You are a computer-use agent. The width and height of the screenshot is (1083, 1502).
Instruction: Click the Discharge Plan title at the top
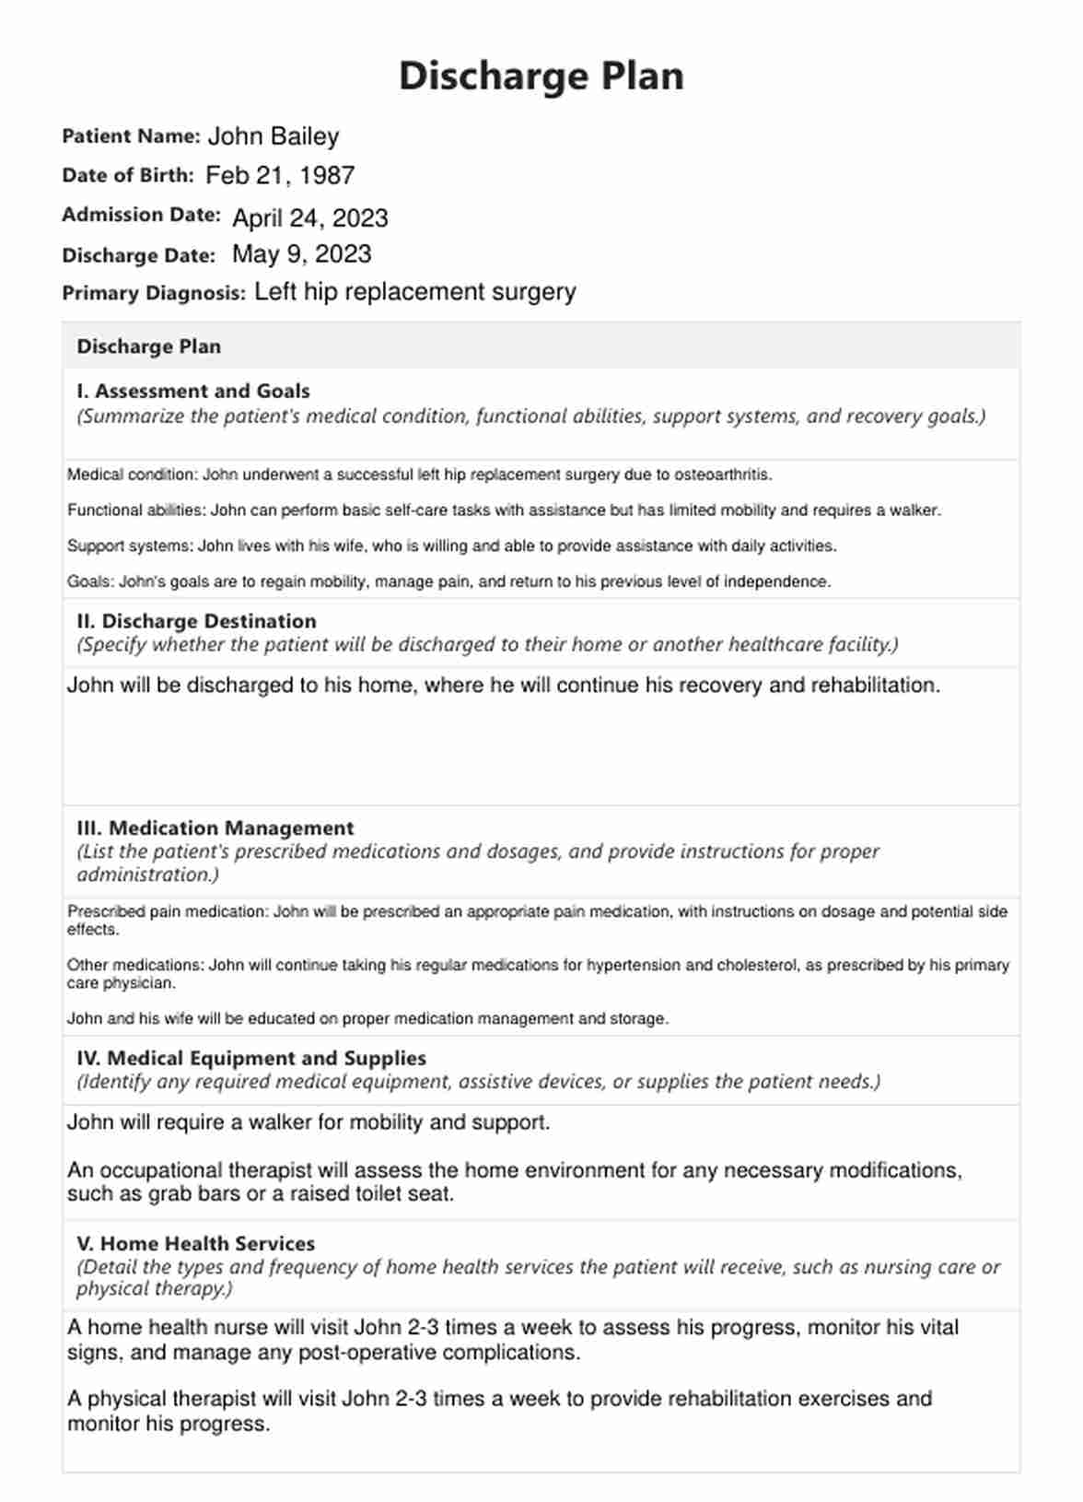(541, 76)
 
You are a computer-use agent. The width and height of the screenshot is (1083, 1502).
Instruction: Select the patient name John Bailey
(274, 136)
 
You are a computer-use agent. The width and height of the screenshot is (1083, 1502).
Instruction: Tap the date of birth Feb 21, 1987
(280, 175)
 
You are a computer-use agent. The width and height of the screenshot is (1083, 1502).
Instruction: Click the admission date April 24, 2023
(309, 218)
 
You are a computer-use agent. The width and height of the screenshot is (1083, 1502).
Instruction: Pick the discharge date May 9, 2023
(301, 254)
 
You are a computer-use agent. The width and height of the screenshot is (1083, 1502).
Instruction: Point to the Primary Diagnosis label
(153, 293)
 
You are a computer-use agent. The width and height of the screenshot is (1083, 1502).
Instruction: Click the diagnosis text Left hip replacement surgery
(414, 292)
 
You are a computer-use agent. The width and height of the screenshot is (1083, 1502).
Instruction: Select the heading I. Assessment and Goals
(193, 391)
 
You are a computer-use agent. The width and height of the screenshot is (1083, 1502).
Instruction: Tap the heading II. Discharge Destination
(196, 621)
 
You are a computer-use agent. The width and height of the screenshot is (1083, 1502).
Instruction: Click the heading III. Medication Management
(215, 827)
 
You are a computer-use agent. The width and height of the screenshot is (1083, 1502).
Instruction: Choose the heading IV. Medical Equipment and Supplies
(251, 1058)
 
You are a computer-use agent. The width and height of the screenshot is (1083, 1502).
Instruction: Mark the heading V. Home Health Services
(195, 1243)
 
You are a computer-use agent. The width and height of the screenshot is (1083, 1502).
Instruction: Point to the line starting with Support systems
(451, 546)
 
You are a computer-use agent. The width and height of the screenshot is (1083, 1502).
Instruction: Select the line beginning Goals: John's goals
(448, 582)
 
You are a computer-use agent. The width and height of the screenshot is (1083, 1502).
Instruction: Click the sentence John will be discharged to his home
(503, 686)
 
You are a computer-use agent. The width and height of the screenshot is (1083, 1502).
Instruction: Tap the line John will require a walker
(309, 1122)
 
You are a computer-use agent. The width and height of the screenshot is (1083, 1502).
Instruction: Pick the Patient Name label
(130, 136)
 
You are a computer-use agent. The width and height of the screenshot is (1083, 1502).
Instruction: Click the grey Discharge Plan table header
(149, 346)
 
